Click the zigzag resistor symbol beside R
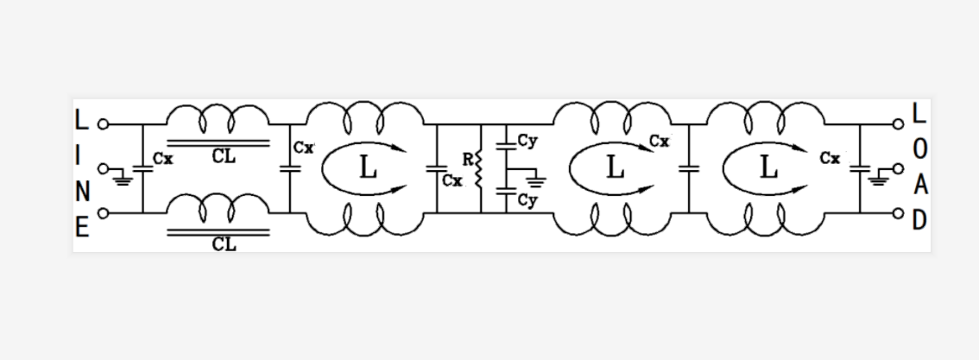[x=479, y=168]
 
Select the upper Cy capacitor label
[x=527, y=142]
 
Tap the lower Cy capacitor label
[x=527, y=201]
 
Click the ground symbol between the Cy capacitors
[x=536, y=181]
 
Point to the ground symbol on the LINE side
[x=123, y=180]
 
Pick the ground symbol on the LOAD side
[x=879, y=180]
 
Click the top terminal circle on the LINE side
[x=103, y=124]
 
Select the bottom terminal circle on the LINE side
[x=103, y=213]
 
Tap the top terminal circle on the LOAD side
[x=898, y=124]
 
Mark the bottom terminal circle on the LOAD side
[x=898, y=213]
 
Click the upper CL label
[x=224, y=156]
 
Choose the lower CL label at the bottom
[x=224, y=244]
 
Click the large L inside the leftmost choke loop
[x=369, y=167]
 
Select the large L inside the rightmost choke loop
[x=768, y=167]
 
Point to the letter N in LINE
[x=82, y=192]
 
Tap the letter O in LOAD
[x=919, y=149]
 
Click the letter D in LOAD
[x=919, y=220]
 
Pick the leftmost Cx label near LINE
[x=163, y=159]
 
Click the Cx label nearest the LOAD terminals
[x=830, y=159]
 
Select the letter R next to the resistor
[x=468, y=160]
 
